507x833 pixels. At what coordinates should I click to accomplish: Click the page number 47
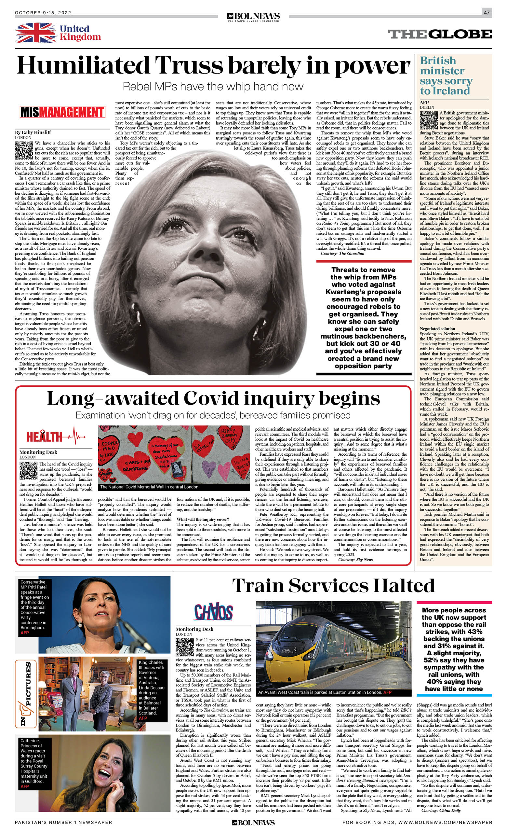(487, 12)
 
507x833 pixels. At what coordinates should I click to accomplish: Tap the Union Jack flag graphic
(36, 33)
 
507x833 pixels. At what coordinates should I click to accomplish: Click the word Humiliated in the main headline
(83, 65)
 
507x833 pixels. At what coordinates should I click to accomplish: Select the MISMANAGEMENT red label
(62, 112)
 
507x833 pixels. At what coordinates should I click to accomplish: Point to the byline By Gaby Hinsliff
(33, 132)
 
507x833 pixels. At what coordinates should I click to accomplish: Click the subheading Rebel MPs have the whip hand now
(213, 87)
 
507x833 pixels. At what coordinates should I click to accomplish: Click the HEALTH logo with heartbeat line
(55, 437)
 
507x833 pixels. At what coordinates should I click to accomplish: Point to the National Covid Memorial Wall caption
(150, 487)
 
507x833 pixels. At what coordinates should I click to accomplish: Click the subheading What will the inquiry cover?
(203, 519)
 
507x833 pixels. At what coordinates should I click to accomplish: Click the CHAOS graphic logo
(213, 612)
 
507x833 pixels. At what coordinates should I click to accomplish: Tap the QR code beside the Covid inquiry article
(28, 471)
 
